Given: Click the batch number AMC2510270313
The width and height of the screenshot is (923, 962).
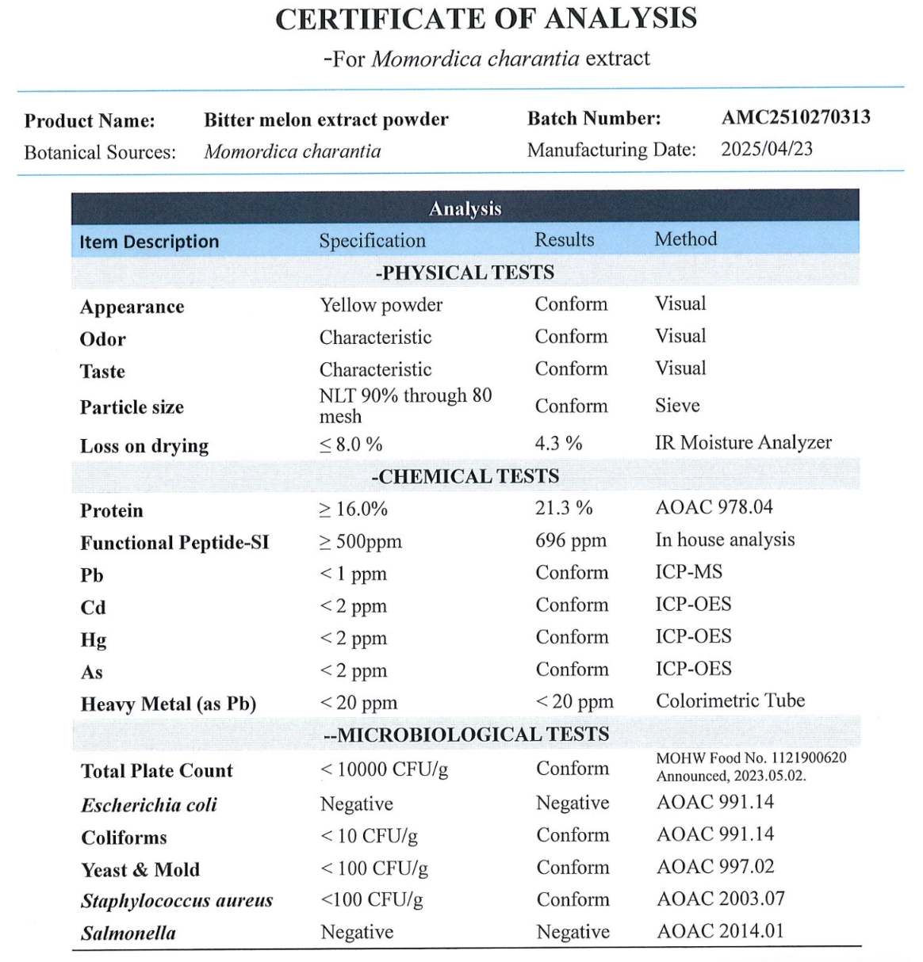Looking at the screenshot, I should click(x=795, y=117).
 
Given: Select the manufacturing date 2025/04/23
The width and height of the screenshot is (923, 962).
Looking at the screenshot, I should click(x=766, y=149).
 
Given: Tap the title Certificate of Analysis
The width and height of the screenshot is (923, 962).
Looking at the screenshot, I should click(x=486, y=19).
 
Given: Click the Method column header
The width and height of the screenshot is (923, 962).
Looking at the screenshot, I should click(x=685, y=239).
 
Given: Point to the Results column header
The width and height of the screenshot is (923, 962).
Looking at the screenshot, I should click(x=564, y=239).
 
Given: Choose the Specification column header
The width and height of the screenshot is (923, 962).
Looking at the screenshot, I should click(x=372, y=240).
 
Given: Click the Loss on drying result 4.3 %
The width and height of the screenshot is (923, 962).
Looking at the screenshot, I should click(x=558, y=443).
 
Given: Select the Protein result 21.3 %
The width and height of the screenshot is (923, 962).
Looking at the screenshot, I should click(x=563, y=508).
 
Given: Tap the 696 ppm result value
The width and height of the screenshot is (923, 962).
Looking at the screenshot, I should click(x=570, y=540).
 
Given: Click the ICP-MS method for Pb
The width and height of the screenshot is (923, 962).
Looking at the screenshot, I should click(x=688, y=572).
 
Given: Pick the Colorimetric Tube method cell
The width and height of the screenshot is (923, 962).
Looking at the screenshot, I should click(x=730, y=701).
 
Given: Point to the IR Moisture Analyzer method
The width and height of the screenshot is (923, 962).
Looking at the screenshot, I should click(x=743, y=442).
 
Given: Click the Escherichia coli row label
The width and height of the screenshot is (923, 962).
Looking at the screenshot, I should click(x=148, y=805).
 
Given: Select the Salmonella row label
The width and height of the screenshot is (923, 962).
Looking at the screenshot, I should click(x=128, y=933).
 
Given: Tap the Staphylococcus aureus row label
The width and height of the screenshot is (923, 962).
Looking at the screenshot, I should click(x=176, y=900).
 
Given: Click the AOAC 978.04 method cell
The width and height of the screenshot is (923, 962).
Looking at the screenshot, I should click(x=714, y=507).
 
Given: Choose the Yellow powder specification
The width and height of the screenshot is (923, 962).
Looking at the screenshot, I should click(x=381, y=305).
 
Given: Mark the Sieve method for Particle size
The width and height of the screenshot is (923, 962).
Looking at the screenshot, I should click(x=677, y=406).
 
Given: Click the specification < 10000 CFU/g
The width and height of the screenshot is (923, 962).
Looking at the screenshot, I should click(x=384, y=769).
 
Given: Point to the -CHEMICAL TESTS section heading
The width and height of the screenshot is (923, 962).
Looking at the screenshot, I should click(x=465, y=476).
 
